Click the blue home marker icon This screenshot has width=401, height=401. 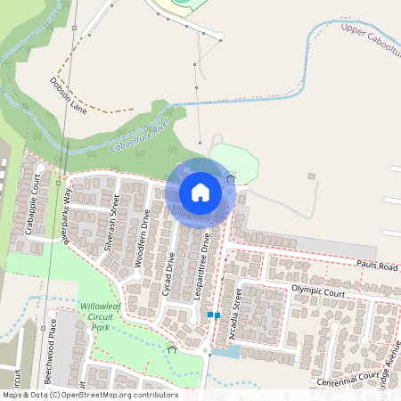pyautogui.click(x=200, y=192)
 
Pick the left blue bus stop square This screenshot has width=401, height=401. pyautogui.click(x=209, y=315)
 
